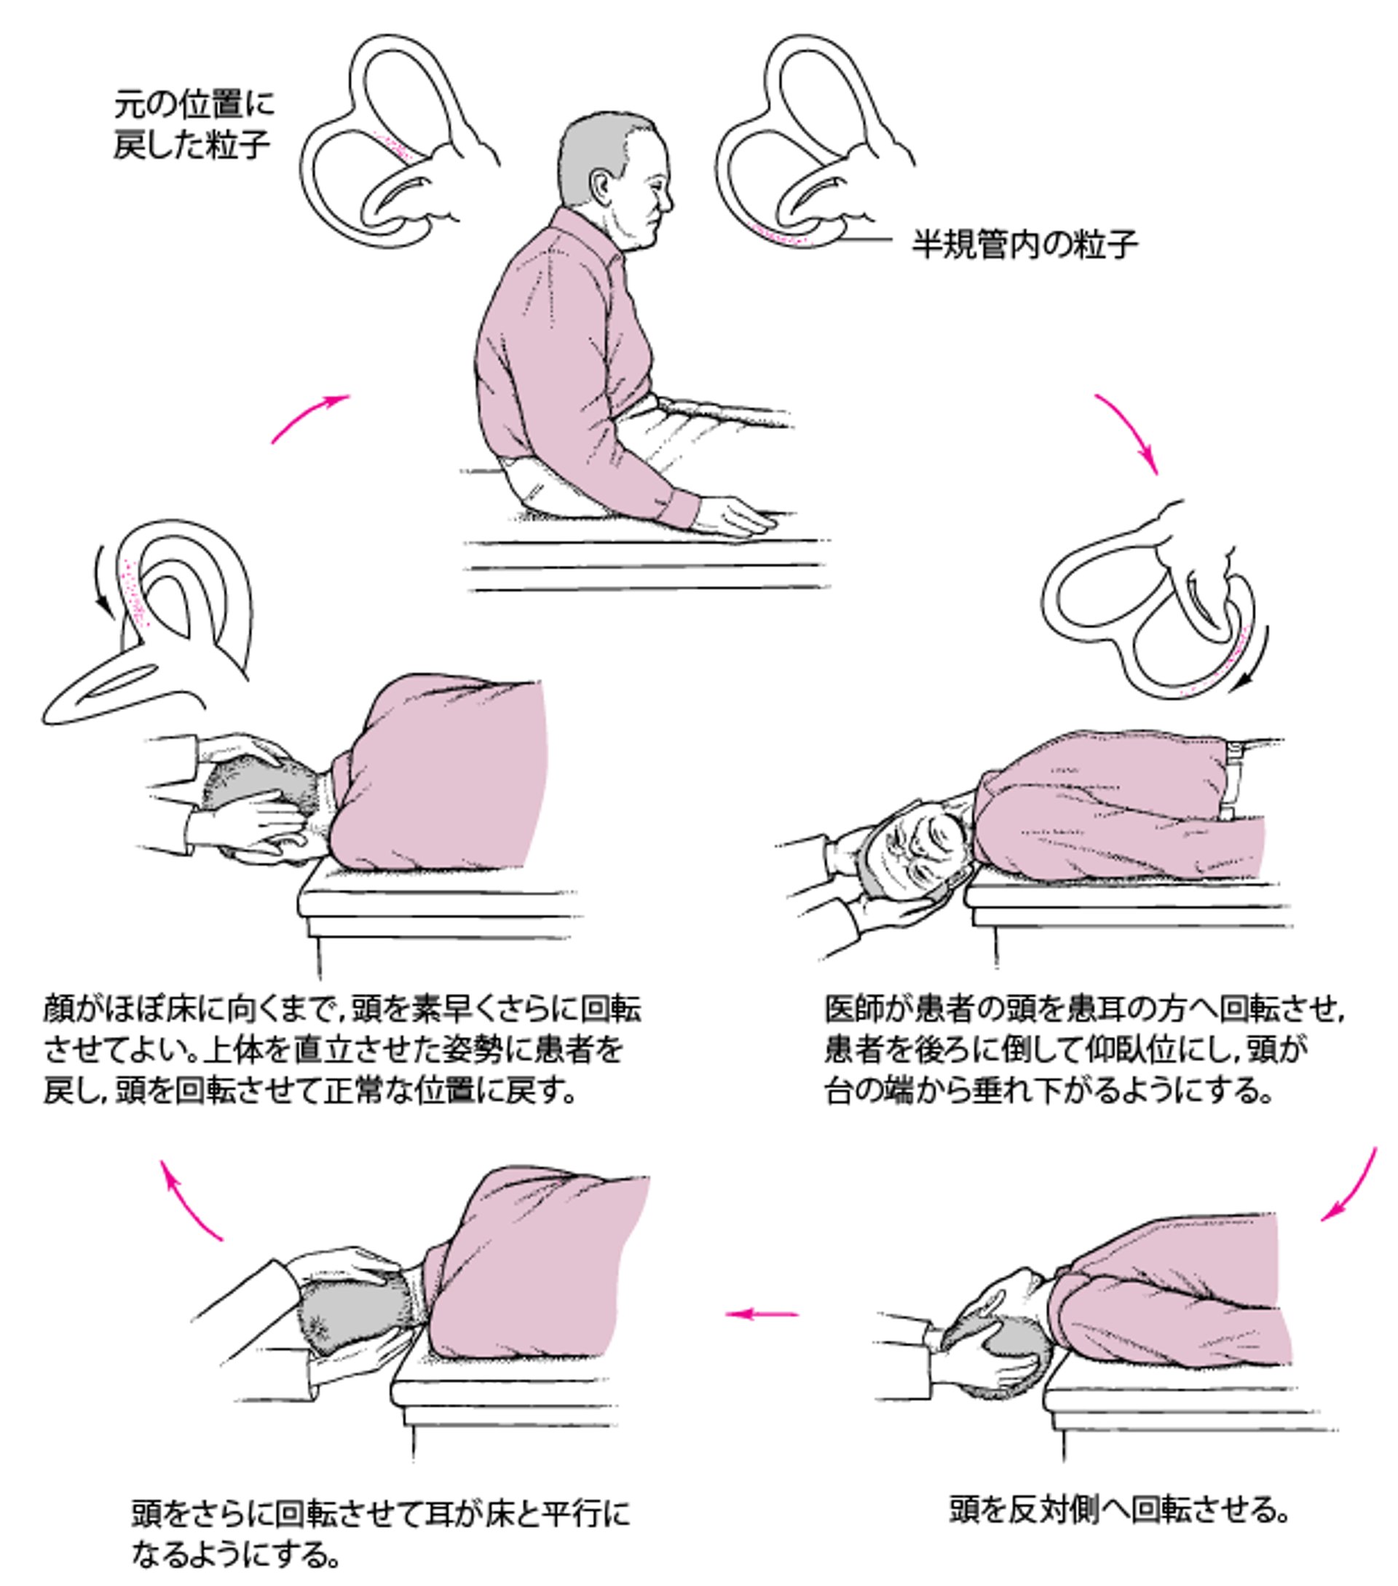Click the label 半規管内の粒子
point(1024,245)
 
